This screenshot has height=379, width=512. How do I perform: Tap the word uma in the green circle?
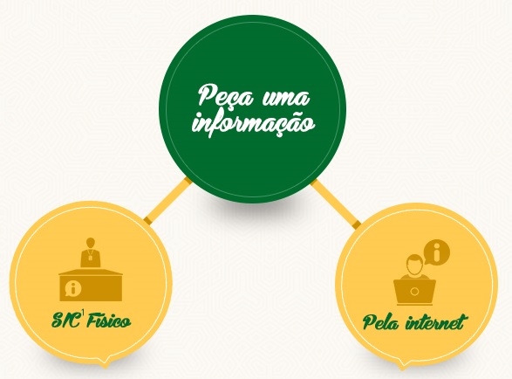click(x=286, y=98)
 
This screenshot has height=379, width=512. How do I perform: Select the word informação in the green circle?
click(x=254, y=123)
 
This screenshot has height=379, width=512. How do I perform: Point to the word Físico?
click(x=109, y=320)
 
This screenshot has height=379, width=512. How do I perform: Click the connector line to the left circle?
click(x=167, y=200)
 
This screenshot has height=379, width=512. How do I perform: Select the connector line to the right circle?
click(x=336, y=203)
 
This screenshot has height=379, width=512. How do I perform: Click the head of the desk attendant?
click(x=91, y=244)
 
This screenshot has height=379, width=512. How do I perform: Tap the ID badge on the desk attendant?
click(x=91, y=258)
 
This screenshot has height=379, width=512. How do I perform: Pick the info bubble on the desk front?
click(x=73, y=288)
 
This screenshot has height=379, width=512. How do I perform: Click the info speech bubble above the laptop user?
click(x=437, y=252)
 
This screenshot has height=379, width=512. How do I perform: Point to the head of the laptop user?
click(x=414, y=265)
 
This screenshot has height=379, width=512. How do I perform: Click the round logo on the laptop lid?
click(x=414, y=292)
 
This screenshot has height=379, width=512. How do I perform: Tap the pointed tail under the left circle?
click(x=105, y=363)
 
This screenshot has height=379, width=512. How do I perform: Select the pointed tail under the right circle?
click(x=402, y=365)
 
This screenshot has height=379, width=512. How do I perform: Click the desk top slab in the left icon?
click(x=91, y=272)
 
